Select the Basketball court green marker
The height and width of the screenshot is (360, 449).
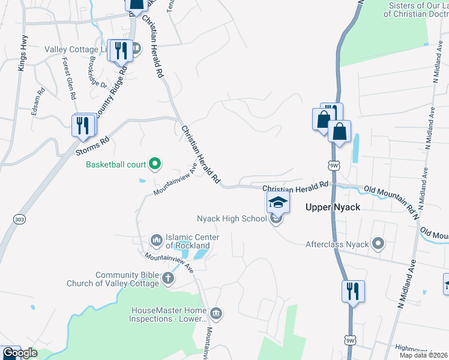(x=155, y=163)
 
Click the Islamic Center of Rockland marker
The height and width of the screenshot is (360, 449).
(x=156, y=241)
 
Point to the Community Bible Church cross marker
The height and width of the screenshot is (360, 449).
(x=168, y=278)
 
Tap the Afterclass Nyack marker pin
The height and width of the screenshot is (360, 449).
(x=378, y=244)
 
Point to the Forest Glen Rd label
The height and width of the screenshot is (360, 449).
(x=68, y=79)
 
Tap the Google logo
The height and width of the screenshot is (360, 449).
(x=20, y=353)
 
